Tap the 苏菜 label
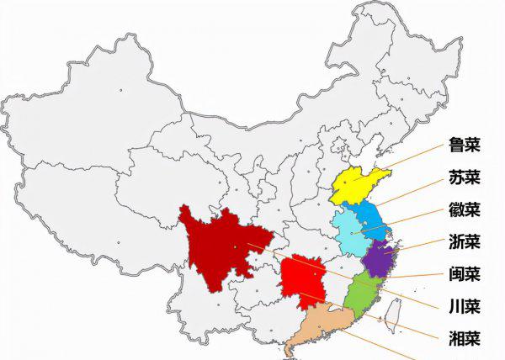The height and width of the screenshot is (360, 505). point(465,177)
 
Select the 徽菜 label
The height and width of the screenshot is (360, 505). point(465,209)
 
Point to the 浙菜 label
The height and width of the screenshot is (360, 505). point(465,242)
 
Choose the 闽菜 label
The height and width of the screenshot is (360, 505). point(465,274)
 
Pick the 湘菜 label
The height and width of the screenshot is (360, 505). point(465,339)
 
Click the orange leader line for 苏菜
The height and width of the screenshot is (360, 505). point(412,190)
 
